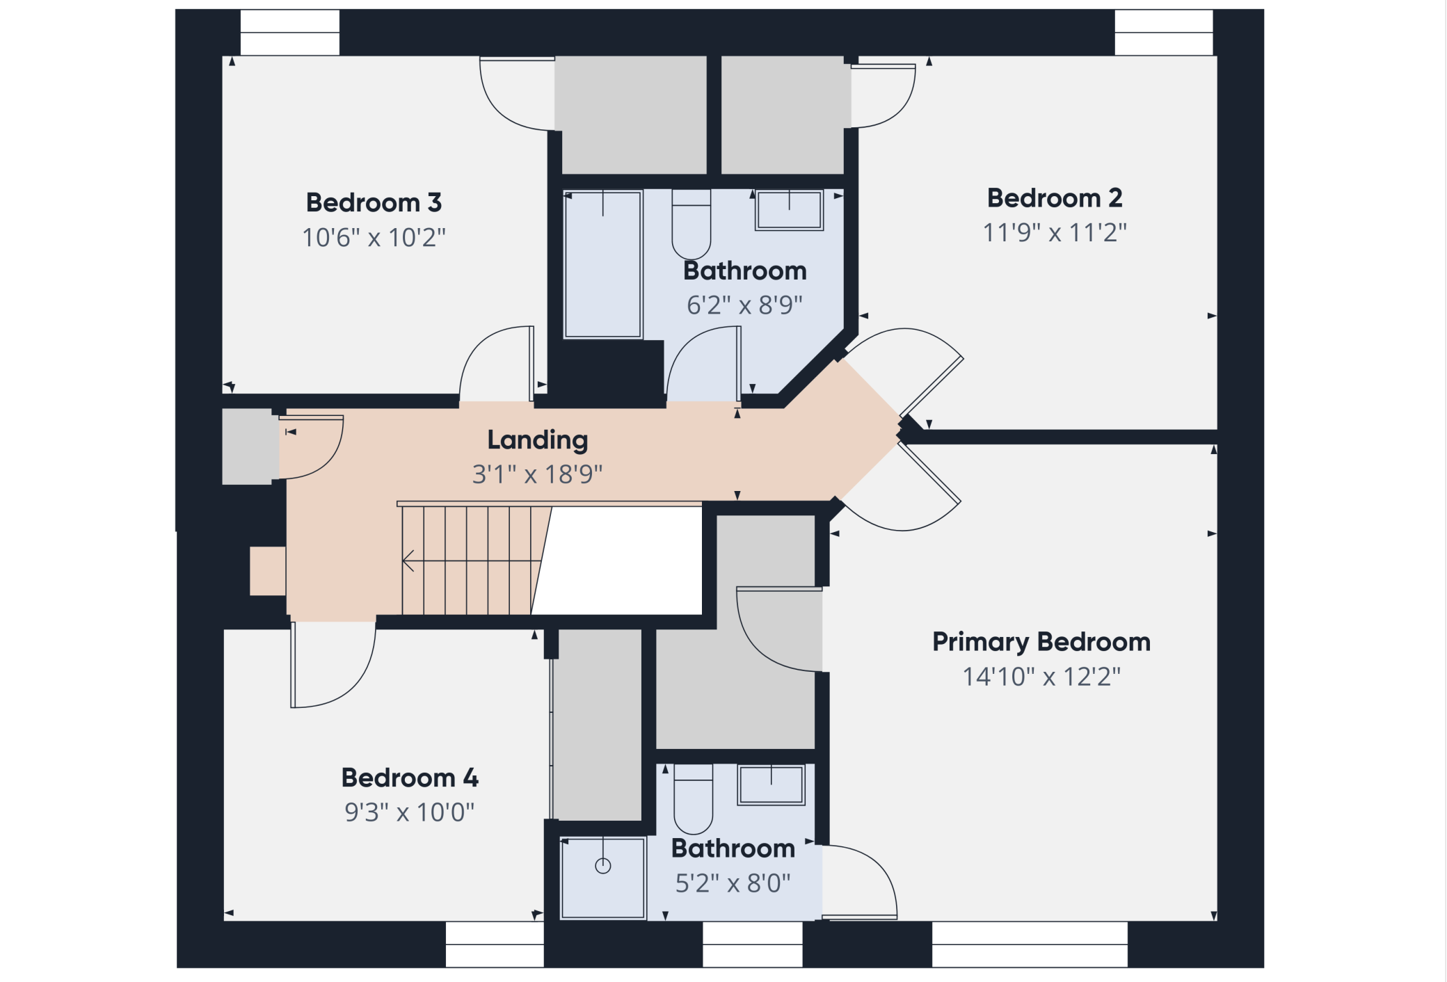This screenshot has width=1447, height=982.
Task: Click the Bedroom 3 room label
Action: (374, 202)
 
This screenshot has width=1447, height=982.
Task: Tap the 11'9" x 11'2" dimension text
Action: (1055, 232)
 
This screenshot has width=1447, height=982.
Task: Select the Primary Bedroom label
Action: (1041, 642)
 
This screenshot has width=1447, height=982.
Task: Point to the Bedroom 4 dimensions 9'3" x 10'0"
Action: (409, 812)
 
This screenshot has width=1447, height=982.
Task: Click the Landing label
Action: (538, 440)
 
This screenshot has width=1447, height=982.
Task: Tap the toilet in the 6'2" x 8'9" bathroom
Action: (691, 224)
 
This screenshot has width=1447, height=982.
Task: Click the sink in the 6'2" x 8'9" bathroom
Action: (790, 209)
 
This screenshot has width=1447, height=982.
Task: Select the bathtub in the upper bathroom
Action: (602, 264)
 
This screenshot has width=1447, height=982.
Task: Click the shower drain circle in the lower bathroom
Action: (603, 866)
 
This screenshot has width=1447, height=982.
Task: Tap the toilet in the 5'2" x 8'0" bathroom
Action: (694, 799)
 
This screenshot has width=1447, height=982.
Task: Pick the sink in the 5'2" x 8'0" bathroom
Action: (772, 784)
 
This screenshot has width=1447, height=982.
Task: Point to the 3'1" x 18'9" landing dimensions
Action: (537, 474)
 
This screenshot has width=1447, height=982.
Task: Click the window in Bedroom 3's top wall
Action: (290, 33)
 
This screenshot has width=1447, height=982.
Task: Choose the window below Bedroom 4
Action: (495, 944)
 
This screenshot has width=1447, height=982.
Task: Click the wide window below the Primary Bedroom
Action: (1030, 944)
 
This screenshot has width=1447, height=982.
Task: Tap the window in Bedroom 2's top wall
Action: (1164, 33)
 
